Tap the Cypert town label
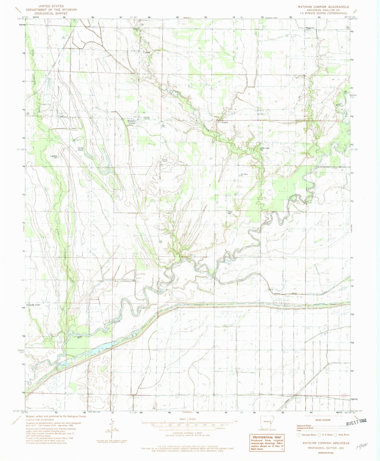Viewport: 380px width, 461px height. point(146,52)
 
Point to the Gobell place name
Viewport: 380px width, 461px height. point(225,123)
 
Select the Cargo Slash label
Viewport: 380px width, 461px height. point(80,149)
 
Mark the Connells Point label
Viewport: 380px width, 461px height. point(33,305)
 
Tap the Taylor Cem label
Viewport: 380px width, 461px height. point(230,213)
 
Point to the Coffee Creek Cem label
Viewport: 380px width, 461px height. point(265,149)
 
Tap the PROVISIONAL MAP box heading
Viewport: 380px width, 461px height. point(266,437)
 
